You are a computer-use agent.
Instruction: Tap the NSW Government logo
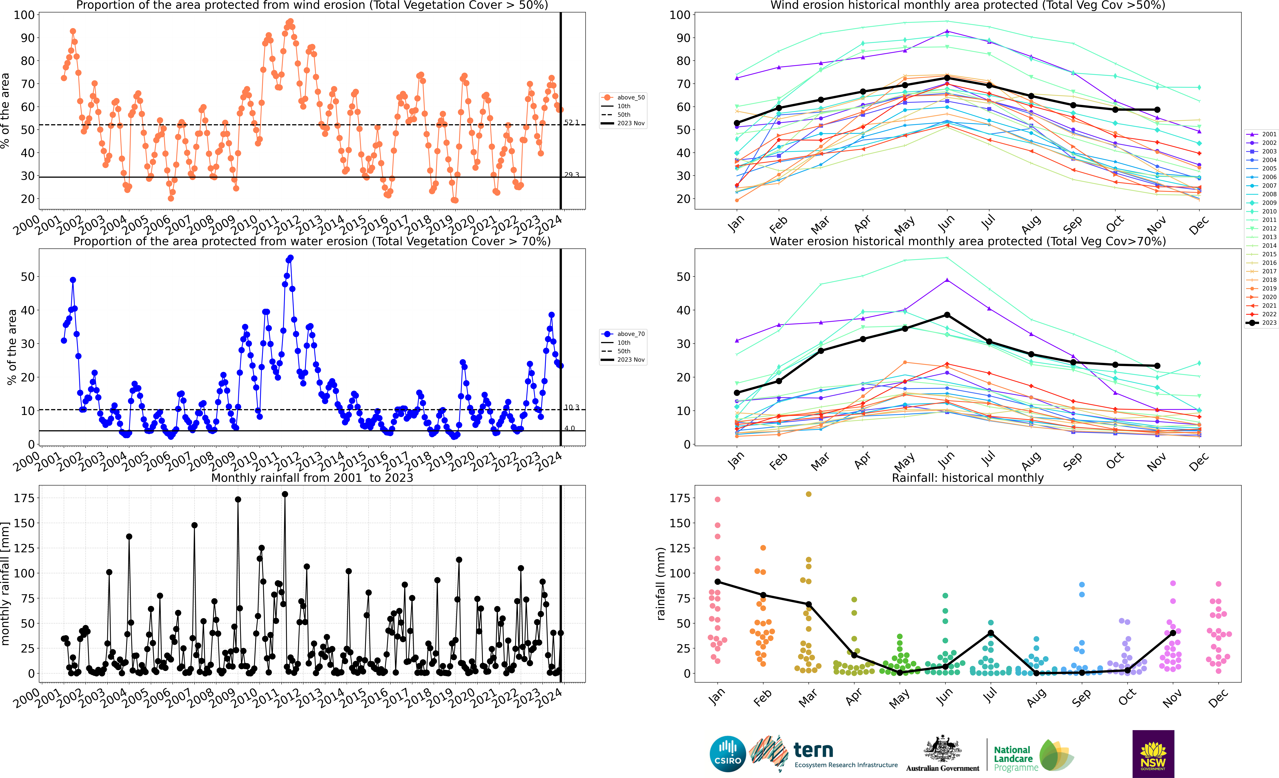[1153, 754]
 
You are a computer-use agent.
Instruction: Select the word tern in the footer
[813, 750]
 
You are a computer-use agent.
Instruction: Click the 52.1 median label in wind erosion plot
[571, 122]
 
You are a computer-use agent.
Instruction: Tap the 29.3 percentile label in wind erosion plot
[571, 175]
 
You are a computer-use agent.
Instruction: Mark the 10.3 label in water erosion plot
[571, 408]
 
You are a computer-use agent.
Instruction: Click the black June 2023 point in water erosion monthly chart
[947, 315]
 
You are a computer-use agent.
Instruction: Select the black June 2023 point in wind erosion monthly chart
[947, 78]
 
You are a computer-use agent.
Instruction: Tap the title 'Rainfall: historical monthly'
[968, 478]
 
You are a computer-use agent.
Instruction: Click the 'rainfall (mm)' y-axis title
[660, 584]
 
